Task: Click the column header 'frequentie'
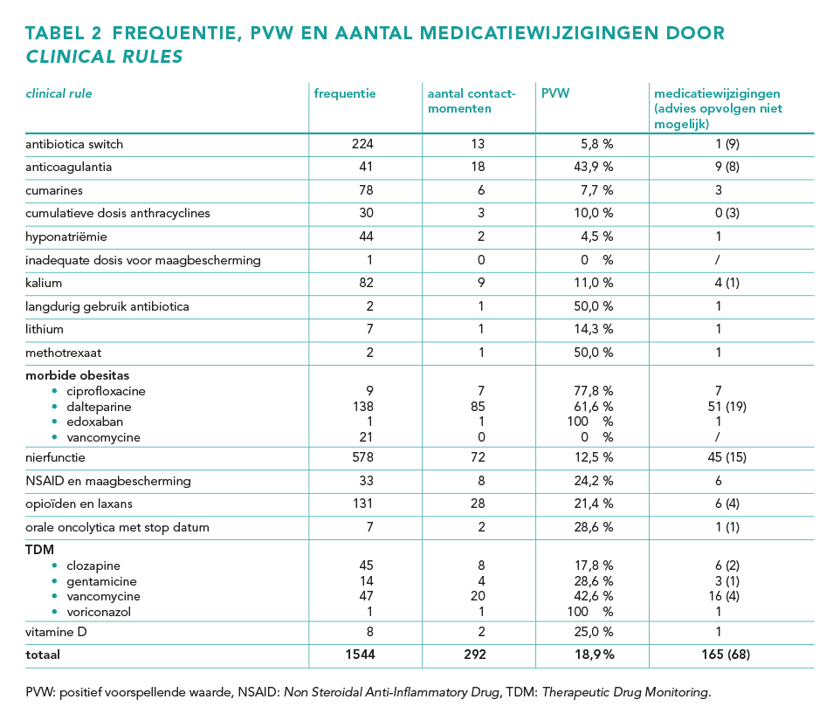pos(344,93)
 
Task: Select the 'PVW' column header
pos(555,93)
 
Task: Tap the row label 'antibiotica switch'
pos(74,144)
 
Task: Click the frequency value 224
pos(362,144)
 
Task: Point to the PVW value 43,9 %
pos(594,167)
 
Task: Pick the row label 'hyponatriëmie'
pos(65,237)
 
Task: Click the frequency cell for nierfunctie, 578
pos(362,457)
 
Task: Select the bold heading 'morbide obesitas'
pos(77,375)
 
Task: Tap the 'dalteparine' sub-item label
pos(99,407)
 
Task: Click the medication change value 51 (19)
pos(727,407)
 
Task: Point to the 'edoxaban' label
pos(95,422)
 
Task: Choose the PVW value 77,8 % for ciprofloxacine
pos(594,391)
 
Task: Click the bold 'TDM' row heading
pos(39,550)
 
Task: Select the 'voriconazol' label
pos(99,612)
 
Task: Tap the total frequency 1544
pos(360,655)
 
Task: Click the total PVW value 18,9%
pos(594,655)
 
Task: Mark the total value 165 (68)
pos(726,655)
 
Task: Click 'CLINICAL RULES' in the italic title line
pos(105,57)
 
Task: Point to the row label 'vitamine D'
pos(56,632)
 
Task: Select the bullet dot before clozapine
pos(54,566)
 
